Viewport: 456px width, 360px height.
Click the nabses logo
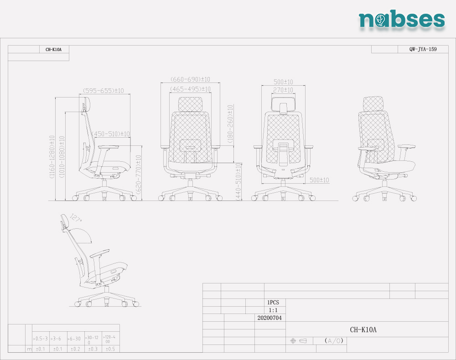pos(401,19)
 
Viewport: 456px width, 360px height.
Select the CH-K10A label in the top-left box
pos(54,50)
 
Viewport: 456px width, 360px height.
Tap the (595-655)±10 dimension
pos(104,91)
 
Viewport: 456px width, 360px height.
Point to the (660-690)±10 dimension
pos(191,79)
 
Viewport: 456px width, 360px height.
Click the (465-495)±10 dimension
pos(191,89)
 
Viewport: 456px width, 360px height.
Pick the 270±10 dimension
pos(283,90)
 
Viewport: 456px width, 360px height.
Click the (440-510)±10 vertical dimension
pos(238,181)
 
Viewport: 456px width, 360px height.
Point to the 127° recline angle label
pos(76,218)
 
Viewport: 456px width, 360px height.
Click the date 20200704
pos(269,318)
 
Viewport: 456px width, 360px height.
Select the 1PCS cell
pos(273,302)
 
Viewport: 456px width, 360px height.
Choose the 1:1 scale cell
pos(273,310)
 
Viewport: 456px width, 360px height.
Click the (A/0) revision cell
pos(334,341)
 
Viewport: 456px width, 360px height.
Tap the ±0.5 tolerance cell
pos(110,349)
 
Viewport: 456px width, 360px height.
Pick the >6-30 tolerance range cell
pos(74,339)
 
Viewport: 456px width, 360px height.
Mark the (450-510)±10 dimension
pos(112,134)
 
